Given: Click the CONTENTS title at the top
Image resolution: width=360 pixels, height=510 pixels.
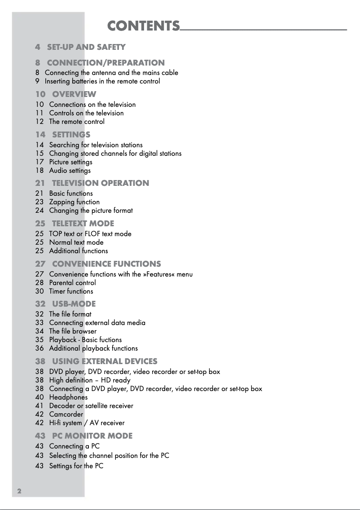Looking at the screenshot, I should tap(143, 26).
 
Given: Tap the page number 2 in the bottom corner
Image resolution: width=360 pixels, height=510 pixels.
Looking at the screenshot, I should tap(19, 491).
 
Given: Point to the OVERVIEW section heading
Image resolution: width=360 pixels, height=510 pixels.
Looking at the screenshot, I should tap(74, 94).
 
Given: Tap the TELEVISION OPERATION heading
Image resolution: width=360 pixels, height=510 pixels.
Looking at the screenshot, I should tap(100, 183).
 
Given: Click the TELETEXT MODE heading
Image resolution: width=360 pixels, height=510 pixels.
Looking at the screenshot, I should tap(83, 224).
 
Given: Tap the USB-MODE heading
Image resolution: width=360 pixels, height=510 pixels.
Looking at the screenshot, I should tap(74, 304).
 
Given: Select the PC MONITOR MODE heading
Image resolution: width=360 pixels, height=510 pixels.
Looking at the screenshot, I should tap(92, 436).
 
